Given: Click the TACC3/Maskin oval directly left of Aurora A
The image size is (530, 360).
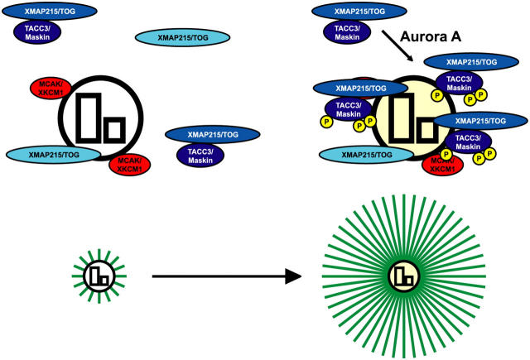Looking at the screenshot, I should coord(344,31).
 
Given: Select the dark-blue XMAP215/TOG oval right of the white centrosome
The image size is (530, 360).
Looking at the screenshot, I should coord(210,133).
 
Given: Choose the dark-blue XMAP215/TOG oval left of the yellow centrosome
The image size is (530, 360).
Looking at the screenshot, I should coord(356,87).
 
